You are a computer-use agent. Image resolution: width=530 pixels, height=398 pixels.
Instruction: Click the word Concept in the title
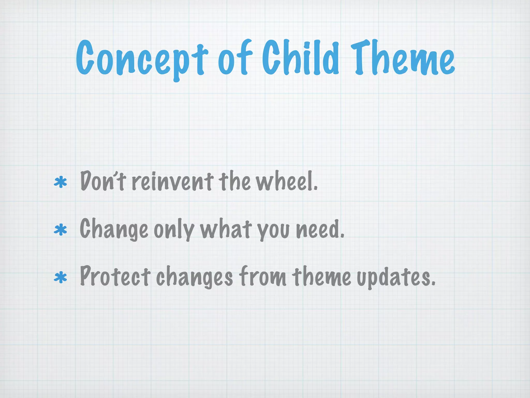point(142,59)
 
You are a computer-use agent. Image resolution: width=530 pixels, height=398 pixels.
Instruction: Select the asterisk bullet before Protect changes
point(60,278)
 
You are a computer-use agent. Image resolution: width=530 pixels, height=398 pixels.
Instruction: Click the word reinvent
point(173,181)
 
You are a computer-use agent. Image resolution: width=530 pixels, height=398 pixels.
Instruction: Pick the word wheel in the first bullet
point(286,181)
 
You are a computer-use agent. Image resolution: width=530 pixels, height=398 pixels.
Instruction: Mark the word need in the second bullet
point(320,230)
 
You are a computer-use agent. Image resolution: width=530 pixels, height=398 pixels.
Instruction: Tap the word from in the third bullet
point(262,277)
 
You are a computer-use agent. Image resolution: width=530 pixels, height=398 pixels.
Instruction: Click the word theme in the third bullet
point(322,277)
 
